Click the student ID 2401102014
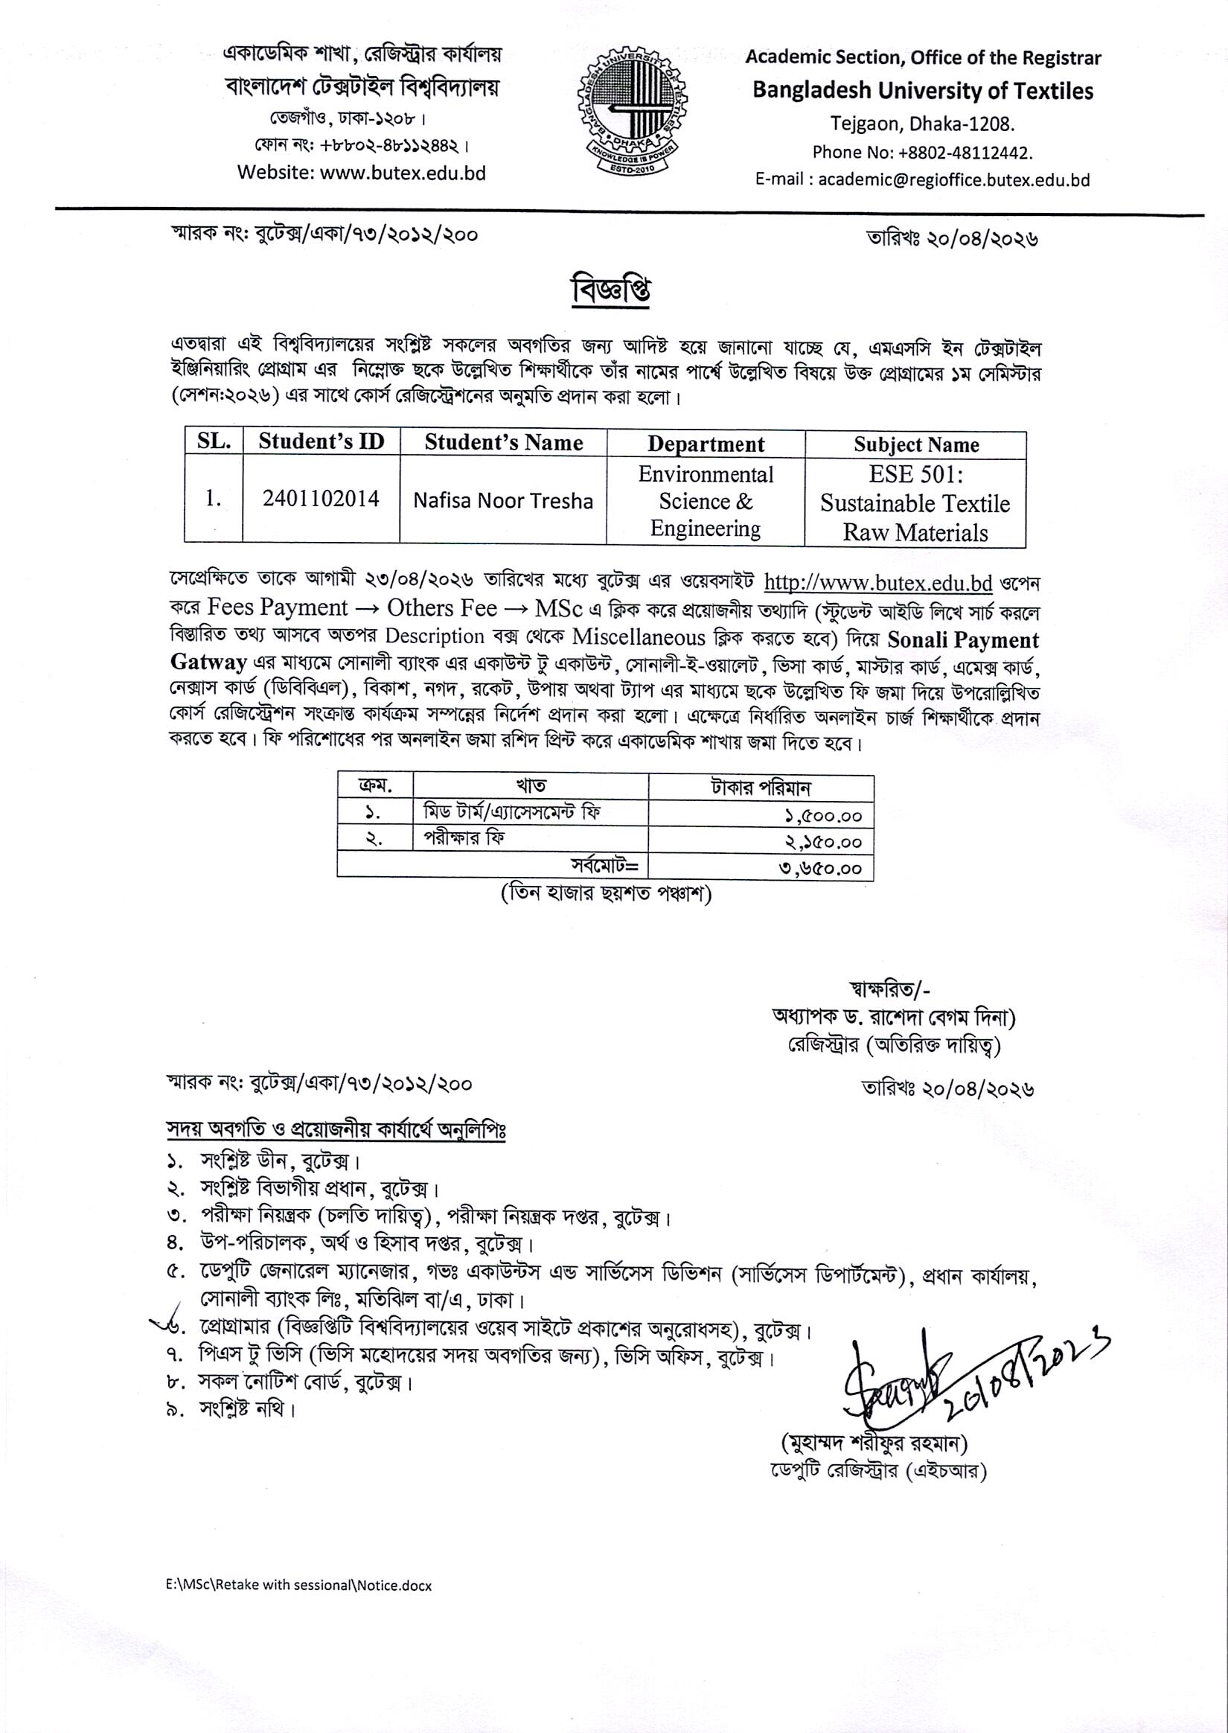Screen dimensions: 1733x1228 pos(321,499)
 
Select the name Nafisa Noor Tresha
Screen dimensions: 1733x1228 pos(503,501)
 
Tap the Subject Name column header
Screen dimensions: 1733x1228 pos(915,444)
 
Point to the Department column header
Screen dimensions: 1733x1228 pos(706,444)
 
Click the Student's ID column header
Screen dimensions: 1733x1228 pos(321,442)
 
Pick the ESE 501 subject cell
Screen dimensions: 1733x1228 pos(915,502)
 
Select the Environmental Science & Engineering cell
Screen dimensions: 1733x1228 pos(706,501)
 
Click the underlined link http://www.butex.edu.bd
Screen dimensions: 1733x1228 pos(878,583)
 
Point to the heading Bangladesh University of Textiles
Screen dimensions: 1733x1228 pos(923,91)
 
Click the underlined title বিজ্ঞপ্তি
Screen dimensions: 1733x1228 pos(611,293)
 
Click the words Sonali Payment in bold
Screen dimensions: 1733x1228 pos(962,640)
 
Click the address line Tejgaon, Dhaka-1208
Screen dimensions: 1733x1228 pos(922,124)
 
